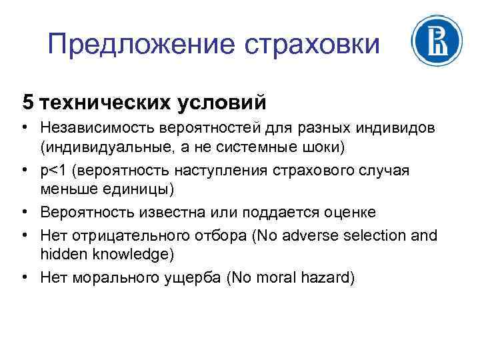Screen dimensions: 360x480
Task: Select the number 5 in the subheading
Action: (x=27, y=102)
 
